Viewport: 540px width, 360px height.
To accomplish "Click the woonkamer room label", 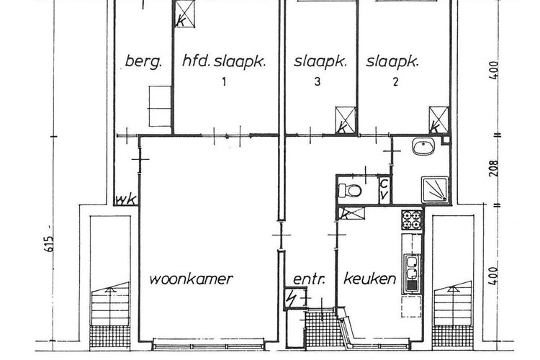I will pos(192,279).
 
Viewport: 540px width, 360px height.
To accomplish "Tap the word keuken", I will pos(370,279).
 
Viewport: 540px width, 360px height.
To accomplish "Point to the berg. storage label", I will pos(144,61).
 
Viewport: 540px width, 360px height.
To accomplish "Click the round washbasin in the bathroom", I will pos(422,149).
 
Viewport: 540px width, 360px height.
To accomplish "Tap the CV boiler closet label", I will pos(384,190).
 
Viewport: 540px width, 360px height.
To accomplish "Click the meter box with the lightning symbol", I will pos(292,298).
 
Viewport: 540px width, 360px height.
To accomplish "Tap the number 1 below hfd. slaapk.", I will pos(225,82).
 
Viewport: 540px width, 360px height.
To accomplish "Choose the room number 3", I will pos(318,82).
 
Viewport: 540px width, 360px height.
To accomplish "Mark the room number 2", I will pos(395,82).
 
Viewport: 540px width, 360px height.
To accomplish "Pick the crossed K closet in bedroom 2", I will pos(438,119).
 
